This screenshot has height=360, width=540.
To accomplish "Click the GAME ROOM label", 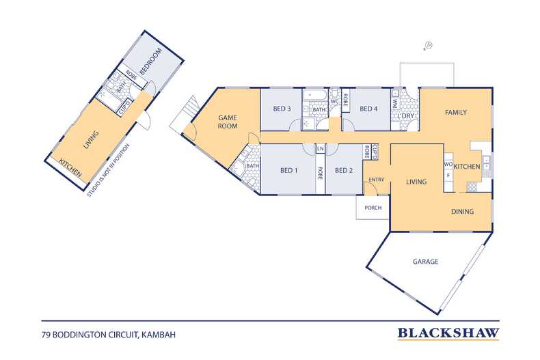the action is [228, 122].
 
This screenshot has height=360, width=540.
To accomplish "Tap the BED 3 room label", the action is [282, 109].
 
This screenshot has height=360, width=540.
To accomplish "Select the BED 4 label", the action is [368, 109].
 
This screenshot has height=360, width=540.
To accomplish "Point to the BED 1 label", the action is [288, 170].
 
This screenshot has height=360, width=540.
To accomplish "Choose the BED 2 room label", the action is [344, 170].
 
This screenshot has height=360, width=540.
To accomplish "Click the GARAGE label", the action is [425, 262].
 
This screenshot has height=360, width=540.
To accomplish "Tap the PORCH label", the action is [373, 208].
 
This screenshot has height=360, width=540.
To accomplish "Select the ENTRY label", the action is [376, 180].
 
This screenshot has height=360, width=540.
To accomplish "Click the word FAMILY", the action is [456, 112].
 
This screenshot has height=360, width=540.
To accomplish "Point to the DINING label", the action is [463, 211].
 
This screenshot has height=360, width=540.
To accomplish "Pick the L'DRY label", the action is [405, 116].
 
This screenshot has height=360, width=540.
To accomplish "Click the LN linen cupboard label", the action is [321, 149].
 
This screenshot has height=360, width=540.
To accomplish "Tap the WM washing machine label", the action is [394, 103].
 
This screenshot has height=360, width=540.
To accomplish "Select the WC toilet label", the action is [334, 102].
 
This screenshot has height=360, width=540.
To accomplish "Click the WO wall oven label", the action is [448, 165].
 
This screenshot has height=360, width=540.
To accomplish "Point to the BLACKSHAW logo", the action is [448, 333].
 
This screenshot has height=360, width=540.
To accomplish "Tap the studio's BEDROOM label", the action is [150, 61].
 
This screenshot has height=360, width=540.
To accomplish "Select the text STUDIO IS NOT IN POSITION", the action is [108, 170].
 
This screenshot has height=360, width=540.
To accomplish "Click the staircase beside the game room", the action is [185, 113].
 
